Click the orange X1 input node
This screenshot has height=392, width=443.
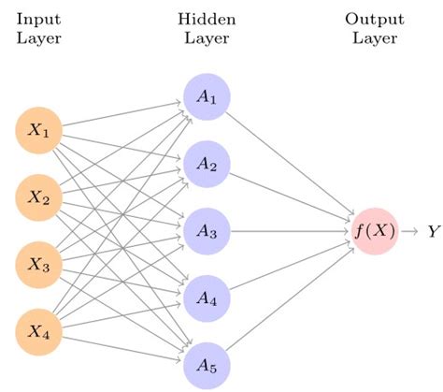[39, 132]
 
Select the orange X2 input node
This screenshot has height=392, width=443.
[39, 197]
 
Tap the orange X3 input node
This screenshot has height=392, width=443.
[39, 264]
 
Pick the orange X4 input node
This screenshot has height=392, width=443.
[39, 330]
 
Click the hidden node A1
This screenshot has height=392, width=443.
[207, 98]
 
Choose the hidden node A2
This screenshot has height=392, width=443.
[207, 165]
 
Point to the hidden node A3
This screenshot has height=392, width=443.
[207, 231]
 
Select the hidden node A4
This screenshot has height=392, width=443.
[207, 297]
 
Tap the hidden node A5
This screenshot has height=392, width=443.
[207, 363]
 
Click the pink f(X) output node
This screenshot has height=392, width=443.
[375, 231]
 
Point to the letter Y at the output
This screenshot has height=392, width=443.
[433, 231]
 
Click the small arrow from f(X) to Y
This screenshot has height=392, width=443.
[410, 231]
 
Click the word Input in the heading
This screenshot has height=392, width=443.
[38, 19]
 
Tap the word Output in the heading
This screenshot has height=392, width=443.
[374, 19]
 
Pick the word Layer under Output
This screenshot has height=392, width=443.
[374, 39]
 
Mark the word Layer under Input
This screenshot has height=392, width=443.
[38, 39]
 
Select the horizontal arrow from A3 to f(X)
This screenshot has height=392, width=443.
[290, 231]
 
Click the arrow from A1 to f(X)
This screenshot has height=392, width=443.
[290, 164]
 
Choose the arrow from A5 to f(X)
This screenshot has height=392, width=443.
[290, 298]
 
